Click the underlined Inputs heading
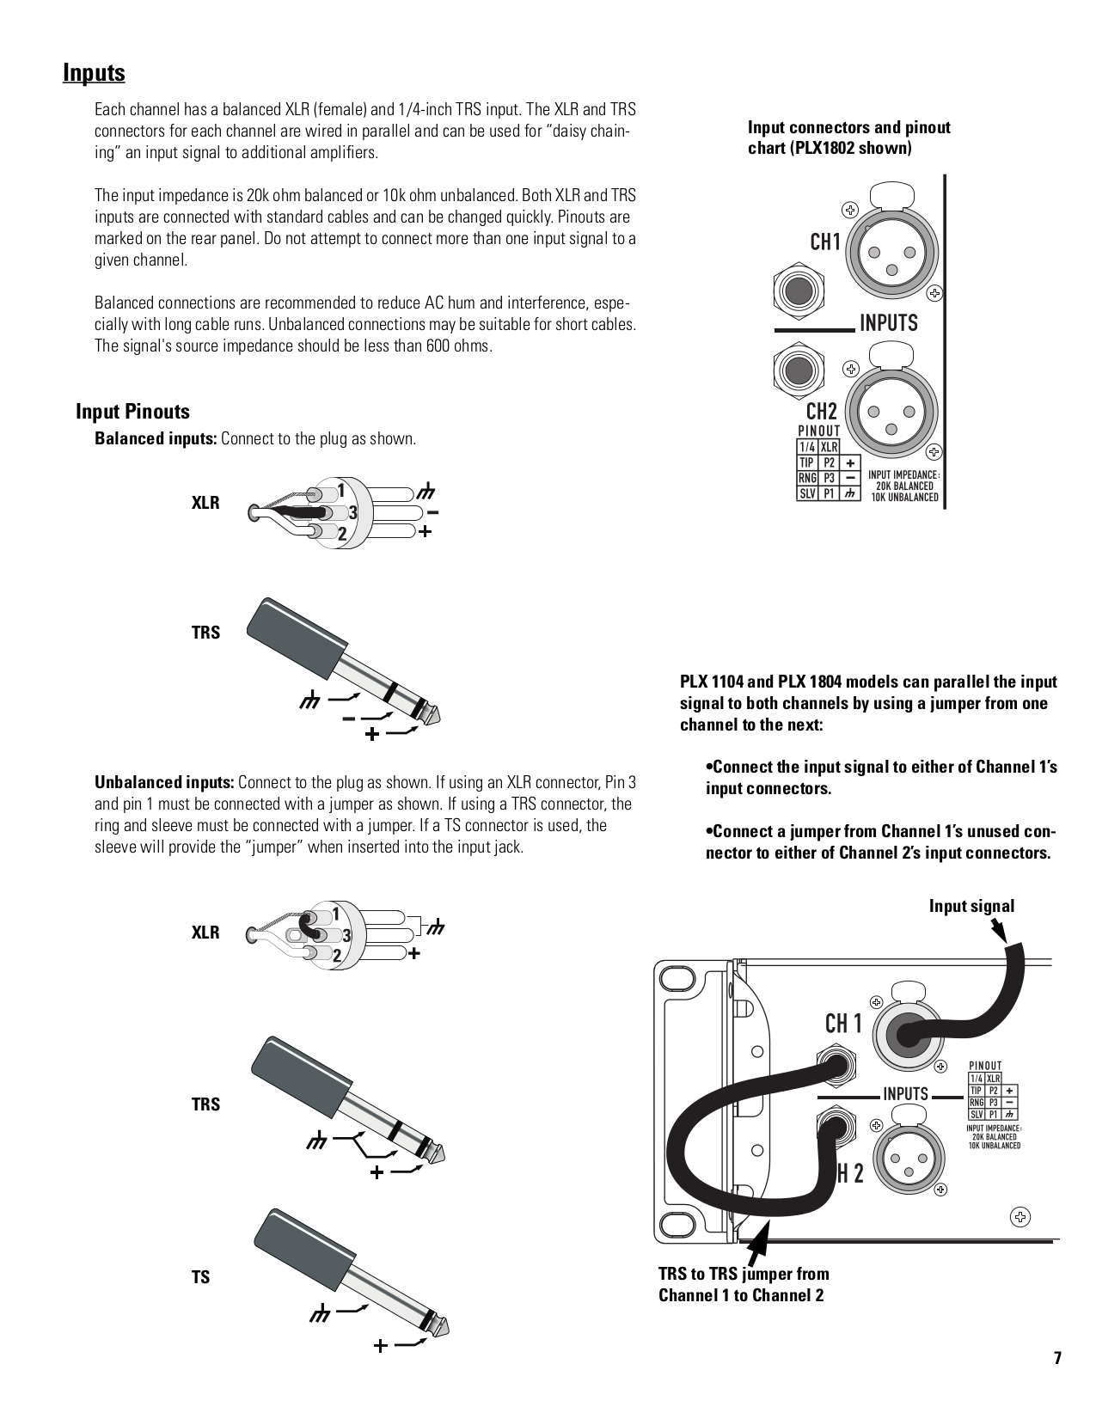click(x=94, y=73)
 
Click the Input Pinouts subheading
click(x=132, y=412)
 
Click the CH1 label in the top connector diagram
click(x=825, y=242)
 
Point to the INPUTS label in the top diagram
click(x=888, y=323)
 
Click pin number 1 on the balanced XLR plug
click(x=341, y=491)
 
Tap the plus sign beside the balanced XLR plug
click(x=425, y=532)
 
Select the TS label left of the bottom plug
click(x=200, y=1277)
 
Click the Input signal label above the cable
click(x=971, y=906)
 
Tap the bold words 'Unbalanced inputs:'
click(x=164, y=782)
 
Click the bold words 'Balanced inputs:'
click(x=156, y=438)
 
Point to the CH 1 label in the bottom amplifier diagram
click(x=843, y=1024)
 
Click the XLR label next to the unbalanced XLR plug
click(x=205, y=933)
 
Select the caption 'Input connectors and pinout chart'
click(x=848, y=138)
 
